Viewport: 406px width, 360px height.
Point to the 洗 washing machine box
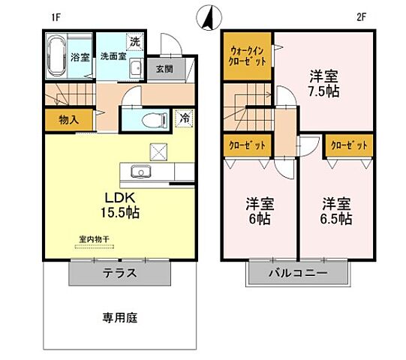[x=135, y=42]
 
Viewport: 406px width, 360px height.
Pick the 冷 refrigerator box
[x=183, y=118]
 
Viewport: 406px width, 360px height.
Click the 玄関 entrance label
[x=164, y=68]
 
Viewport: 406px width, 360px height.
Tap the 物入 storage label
[x=68, y=118]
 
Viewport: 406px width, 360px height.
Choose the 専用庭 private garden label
[x=120, y=316]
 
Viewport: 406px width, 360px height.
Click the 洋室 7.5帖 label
[x=323, y=83]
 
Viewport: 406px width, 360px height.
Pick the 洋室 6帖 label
[x=259, y=211]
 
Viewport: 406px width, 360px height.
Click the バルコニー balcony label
[x=299, y=273]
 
